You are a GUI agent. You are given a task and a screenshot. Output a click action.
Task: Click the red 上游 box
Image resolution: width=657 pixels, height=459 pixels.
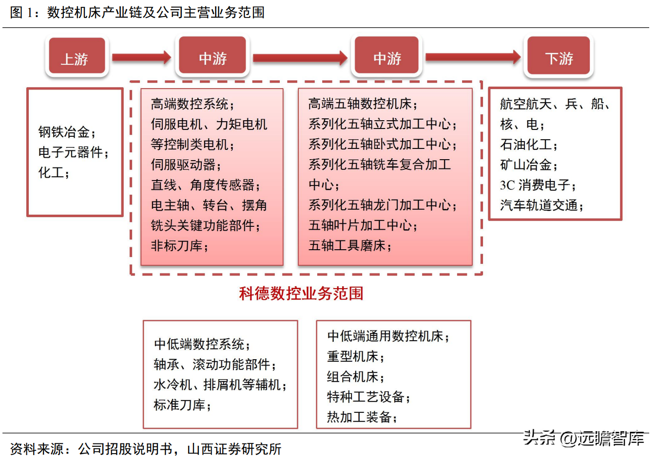pyautogui.click(x=77, y=55)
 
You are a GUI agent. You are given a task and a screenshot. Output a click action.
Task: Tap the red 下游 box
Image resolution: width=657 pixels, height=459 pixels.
pyautogui.click(x=559, y=55)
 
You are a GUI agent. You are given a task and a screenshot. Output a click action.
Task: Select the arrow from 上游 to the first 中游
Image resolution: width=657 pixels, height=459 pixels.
pyautogui.click(x=142, y=57)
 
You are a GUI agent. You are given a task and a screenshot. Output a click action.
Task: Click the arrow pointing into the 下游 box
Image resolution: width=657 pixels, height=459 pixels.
pyautogui.click(x=473, y=57)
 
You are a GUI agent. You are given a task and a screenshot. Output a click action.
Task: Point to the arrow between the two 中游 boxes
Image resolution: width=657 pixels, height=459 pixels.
pyautogui.click(x=300, y=58)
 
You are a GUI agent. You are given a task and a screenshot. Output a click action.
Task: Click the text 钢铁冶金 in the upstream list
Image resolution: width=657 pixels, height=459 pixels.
pyautogui.click(x=64, y=132)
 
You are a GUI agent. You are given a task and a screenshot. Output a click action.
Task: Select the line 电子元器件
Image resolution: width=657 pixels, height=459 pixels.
pyautogui.click(x=70, y=152)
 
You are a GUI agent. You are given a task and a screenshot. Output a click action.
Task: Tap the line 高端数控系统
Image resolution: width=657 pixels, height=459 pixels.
pyautogui.click(x=190, y=104)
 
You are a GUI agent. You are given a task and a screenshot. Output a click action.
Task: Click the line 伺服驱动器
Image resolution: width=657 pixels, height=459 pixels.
pyautogui.click(x=183, y=165)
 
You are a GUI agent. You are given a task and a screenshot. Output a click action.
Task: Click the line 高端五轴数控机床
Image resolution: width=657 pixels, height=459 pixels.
pyautogui.click(x=360, y=104)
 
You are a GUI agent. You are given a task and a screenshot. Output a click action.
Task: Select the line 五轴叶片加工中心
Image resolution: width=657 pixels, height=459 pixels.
pyautogui.click(x=360, y=225)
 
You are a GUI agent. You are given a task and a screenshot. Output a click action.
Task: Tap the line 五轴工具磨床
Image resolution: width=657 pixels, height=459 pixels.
pyautogui.click(x=347, y=245)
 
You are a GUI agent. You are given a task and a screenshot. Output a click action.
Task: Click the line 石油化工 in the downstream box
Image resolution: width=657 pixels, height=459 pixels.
pyautogui.click(x=525, y=145)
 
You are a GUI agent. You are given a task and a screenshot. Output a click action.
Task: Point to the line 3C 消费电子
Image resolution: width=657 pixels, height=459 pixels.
pyautogui.click(x=535, y=185)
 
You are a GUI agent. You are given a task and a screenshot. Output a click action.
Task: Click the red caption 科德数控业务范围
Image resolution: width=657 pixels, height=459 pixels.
pyautogui.click(x=301, y=294)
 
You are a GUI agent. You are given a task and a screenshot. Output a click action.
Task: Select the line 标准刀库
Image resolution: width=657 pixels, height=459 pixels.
pyautogui.click(x=179, y=405)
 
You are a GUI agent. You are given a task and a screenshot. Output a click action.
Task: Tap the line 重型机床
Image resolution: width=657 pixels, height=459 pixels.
pyautogui.click(x=353, y=356)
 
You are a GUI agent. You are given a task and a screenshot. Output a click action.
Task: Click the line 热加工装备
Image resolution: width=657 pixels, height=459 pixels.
pyautogui.click(x=359, y=417)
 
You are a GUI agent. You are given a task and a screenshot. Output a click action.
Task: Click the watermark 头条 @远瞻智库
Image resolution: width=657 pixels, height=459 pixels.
pyautogui.click(x=584, y=439)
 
